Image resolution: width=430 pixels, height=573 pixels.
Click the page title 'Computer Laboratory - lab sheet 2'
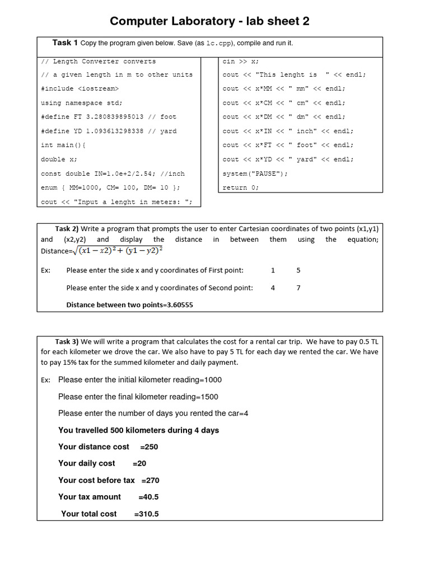click(x=209, y=21)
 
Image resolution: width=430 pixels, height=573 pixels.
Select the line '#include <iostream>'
click(x=80, y=88)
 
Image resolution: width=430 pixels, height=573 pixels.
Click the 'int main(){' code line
click(x=63, y=145)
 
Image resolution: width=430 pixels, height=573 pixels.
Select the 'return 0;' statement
click(x=241, y=187)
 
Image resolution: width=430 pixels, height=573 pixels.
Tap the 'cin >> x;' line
click(x=241, y=61)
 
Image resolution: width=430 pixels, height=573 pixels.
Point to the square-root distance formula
click(x=120, y=250)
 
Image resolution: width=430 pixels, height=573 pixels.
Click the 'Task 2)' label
click(x=67, y=228)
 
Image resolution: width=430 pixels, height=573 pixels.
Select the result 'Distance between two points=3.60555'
click(x=130, y=305)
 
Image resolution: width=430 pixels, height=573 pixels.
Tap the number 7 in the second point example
click(x=298, y=288)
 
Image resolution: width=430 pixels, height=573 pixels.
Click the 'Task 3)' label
click(x=67, y=341)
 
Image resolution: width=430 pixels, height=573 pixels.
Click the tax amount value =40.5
click(x=148, y=497)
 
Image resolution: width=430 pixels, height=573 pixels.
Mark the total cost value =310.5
click(x=147, y=514)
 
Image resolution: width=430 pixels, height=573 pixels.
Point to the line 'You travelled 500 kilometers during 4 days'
click(x=138, y=430)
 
